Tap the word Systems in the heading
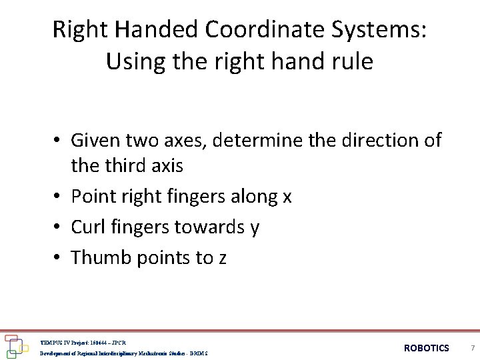[x=391, y=29]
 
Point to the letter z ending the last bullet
[x=222, y=259]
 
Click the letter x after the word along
[x=287, y=197]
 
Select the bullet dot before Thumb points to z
[x=59, y=257]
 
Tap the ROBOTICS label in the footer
[x=427, y=348]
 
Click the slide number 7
[x=472, y=348]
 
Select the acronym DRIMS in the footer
[x=198, y=353]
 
